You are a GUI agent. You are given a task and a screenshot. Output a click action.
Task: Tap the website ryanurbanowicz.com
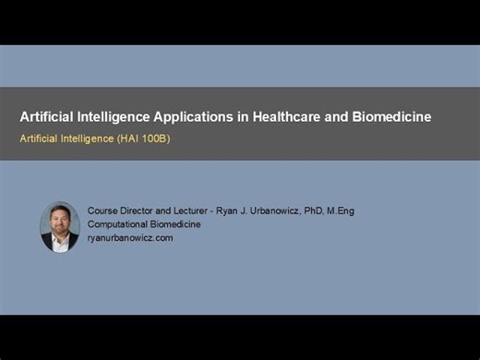click(130, 237)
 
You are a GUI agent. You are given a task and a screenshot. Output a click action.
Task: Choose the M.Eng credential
click(341, 211)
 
